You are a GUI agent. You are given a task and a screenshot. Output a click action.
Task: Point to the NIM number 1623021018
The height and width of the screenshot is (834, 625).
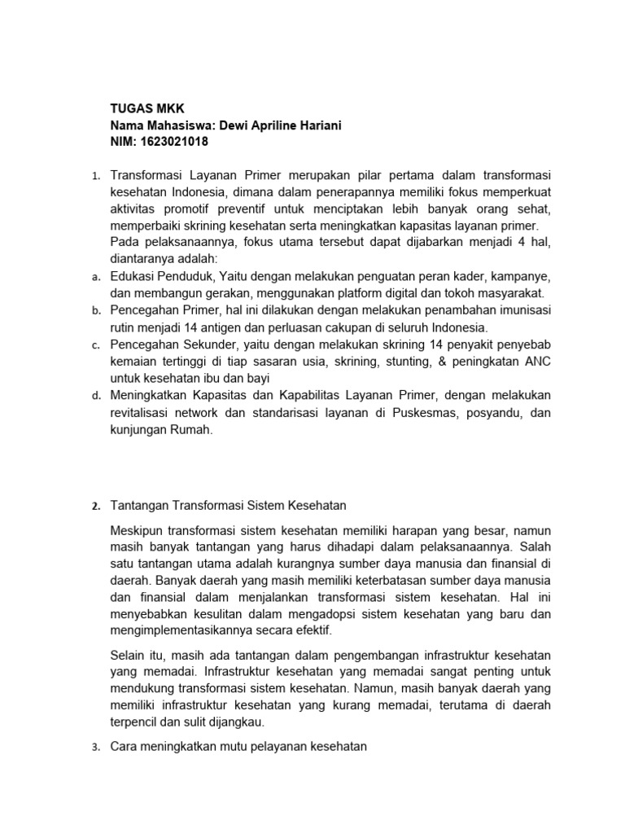click(174, 142)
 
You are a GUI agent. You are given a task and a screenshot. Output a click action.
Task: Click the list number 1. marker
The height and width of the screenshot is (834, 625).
click(94, 176)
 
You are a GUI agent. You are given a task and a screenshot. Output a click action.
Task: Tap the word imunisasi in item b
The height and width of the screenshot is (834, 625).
click(521, 311)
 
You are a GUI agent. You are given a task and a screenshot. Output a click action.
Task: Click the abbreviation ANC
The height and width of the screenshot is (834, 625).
click(537, 362)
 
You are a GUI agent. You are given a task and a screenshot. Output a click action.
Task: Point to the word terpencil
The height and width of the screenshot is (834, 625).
click(138, 722)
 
